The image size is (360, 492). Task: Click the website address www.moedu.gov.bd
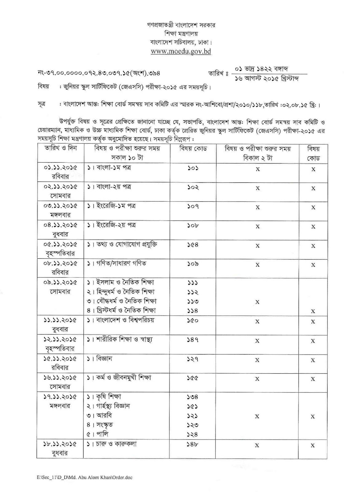(x=181, y=51)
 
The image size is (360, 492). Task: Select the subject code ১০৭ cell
(x=193, y=206)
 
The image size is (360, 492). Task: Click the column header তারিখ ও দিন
(x=61, y=149)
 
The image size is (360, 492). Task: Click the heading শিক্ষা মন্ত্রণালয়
(x=181, y=34)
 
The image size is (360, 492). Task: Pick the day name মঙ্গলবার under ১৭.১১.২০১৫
(x=60, y=406)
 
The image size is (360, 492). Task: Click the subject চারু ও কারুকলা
(x=112, y=444)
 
